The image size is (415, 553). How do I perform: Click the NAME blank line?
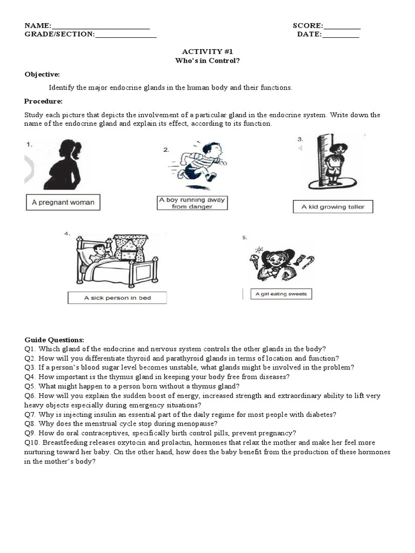pyautogui.click(x=101, y=27)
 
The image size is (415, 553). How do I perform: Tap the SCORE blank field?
pyautogui.click(x=342, y=27)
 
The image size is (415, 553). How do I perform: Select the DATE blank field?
pyautogui.click(x=340, y=36)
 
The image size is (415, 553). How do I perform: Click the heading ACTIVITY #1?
pyautogui.click(x=207, y=51)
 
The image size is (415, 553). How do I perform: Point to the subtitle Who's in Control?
pyautogui.click(x=207, y=60)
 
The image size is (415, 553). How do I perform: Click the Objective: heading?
pyautogui.click(x=42, y=74)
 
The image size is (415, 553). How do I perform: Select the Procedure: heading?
pyautogui.click(x=43, y=101)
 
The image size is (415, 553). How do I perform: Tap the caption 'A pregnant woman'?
pyautogui.click(x=63, y=203)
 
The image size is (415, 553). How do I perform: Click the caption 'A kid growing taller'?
pyautogui.click(x=333, y=207)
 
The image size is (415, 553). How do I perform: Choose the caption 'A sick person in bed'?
pyautogui.click(x=117, y=298)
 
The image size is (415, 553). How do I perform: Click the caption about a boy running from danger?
pyautogui.click(x=192, y=203)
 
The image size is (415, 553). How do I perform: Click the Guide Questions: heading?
pyautogui.click(x=54, y=340)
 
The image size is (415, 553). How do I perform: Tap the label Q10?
pyautogui.click(x=31, y=442)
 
